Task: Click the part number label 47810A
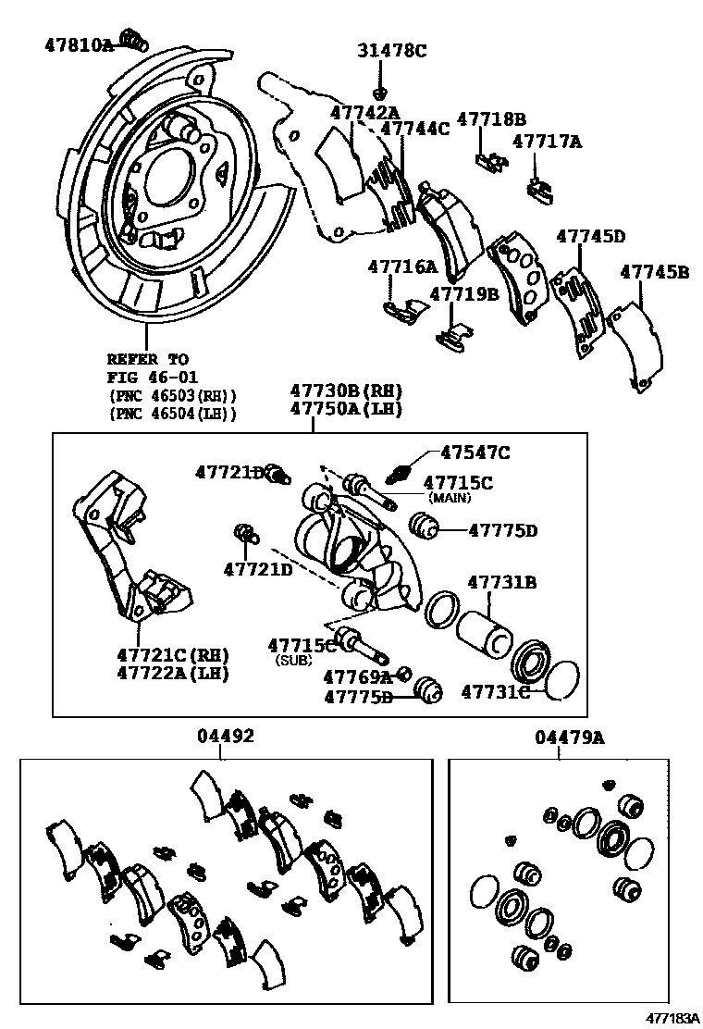[x=78, y=43]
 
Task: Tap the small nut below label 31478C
[x=380, y=92]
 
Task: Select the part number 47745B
[x=654, y=272]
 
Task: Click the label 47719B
[x=463, y=294]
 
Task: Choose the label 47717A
[x=547, y=142]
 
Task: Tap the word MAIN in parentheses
[x=448, y=498]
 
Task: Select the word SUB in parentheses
[x=293, y=661]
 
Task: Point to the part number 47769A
[x=357, y=676]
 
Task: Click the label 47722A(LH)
[x=172, y=673]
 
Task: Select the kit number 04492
[x=224, y=737]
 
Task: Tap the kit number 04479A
[x=568, y=737]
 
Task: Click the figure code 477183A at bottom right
[x=672, y=1018]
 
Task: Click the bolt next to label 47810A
[x=135, y=39]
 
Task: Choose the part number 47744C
[x=414, y=129]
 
